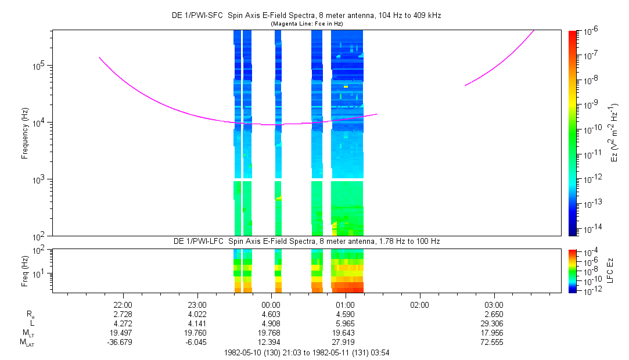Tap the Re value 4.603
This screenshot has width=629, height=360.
[271, 314]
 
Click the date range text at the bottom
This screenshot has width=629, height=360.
[307, 352]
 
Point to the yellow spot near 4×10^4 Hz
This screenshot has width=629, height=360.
[346, 87]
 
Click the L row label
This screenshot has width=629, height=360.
[32, 323]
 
